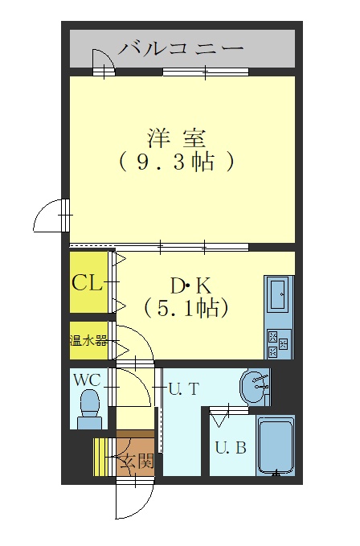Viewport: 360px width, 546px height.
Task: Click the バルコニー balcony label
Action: point(181,48)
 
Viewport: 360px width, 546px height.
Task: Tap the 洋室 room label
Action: point(177,138)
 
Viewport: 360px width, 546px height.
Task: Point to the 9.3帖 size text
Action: point(176,162)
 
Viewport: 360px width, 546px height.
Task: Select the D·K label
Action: point(190,286)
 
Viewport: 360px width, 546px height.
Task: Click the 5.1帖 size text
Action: point(186,308)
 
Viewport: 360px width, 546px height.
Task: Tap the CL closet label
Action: point(87,283)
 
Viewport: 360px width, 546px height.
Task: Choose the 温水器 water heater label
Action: point(88,340)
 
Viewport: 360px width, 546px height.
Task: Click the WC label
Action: point(87,380)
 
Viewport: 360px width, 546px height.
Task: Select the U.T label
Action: point(184,388)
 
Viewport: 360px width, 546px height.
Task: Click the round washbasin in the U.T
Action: point(254,387)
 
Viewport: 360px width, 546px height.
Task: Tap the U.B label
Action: point(231,447)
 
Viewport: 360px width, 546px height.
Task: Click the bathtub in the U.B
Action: point(276,445)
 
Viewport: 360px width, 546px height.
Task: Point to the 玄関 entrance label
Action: point(137,462)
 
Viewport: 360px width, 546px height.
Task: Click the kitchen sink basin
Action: point(279,294)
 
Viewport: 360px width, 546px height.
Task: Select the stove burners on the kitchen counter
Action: point(278,343)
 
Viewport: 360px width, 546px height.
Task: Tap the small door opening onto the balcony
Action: point(104,62)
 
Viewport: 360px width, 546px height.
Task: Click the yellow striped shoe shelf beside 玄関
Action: point(100,457)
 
